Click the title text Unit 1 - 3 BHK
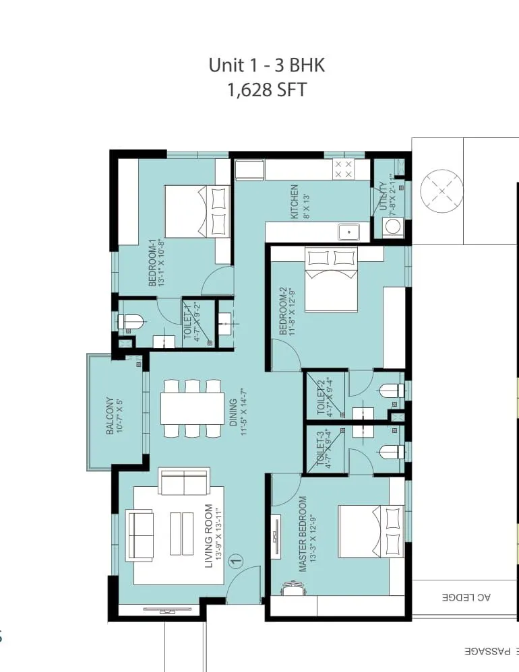tap(267, 65)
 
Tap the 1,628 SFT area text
tap(267, 90)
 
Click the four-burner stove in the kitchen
tap(343, 168)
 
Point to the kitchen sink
tap(349, 232)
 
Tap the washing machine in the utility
tap(392, 227)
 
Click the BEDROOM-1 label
tap(153, 263)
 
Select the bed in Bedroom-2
tap(331, 279)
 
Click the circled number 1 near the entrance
tap(235, 558)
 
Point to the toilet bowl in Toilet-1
tap(130, 323)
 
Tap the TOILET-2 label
tap(321, 394)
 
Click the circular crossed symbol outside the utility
tap(441, 191)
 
